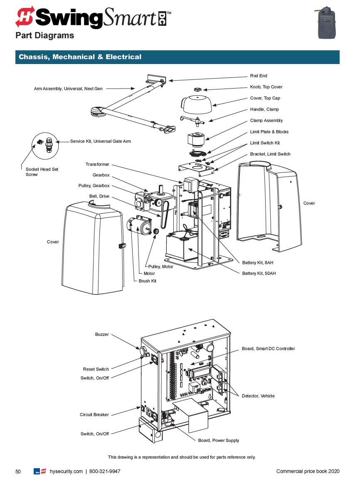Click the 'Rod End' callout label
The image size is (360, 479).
point(258,76)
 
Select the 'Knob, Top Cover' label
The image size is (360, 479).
point(266,87)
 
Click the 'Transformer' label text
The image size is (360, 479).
point(97,165)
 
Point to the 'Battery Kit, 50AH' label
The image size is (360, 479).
point(259,274)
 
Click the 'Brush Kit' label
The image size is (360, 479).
point(147,281)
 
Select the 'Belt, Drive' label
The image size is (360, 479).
point(99,196)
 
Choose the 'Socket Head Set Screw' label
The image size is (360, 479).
point(42,172)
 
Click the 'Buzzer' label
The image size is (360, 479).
point(102,335)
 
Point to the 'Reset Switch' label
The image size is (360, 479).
point(96,369)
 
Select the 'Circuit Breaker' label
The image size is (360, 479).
point(94,415)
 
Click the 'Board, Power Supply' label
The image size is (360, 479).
point(218,440)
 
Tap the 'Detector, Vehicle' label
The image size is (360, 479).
point(258,396)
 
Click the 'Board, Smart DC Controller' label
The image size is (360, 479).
point(268,349)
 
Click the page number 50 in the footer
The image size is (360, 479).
point(18,471)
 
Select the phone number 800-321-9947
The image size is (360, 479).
point(105,471)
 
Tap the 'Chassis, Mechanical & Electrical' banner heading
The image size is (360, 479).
point(80,57)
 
